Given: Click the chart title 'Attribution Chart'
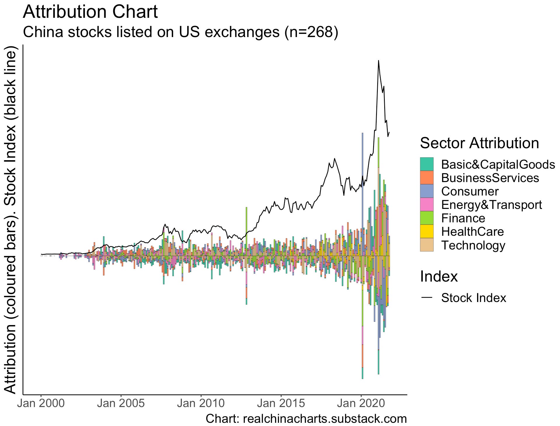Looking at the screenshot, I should tap(90, 12).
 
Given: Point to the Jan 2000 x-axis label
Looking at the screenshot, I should tap(41, 403).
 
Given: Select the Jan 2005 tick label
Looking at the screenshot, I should tap(121, 403).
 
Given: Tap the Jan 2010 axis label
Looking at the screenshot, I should tap(201, 403).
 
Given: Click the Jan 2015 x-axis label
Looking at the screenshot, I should tap(281, 403).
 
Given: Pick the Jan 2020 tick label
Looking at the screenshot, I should tap(361, 403).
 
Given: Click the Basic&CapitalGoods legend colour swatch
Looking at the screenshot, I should tap(427, 164).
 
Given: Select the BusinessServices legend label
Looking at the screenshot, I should tap(490, 178).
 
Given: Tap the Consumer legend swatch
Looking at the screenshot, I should tap(427, 191).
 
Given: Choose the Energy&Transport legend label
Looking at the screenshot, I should tap(491, 205).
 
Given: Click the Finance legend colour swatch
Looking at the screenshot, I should tap(427, 218).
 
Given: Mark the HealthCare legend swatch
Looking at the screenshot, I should tap(427, 231).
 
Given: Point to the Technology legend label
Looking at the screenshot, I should tap(473, 245).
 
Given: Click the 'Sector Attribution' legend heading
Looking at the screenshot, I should tap(479, 143).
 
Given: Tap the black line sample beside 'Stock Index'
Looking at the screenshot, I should tap(427, 298).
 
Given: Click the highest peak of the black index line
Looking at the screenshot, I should tap(378, 61).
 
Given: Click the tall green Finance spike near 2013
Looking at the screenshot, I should tap(246, 222).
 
